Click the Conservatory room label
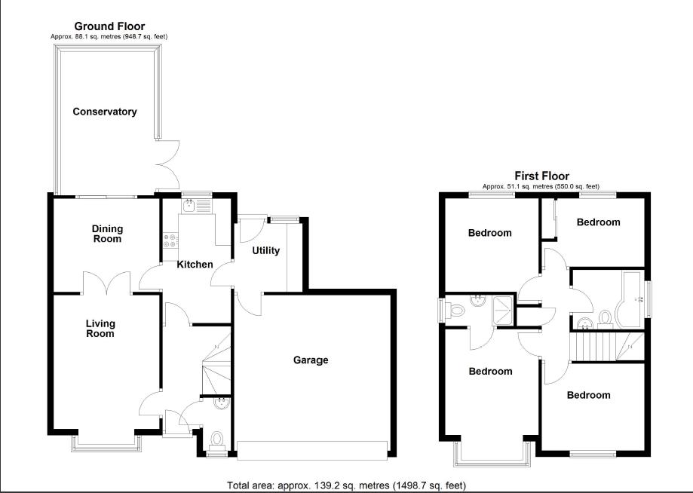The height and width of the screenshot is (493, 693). [x=105, y=112]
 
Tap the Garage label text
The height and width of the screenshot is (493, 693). [x=311, y=360]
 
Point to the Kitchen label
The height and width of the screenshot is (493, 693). [x=195, y=265]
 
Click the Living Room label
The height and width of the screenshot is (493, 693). [x=100, y=329]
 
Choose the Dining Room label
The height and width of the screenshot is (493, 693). [x=107, y=234]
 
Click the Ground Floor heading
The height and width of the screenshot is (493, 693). [x=109, y=26]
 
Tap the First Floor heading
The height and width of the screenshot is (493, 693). [x=541, y=176]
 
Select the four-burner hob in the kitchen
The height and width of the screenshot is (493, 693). [x=171, y=240]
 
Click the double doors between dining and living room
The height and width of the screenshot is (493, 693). [x=107, y=283]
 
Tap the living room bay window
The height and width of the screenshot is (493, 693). [x=104, y=442]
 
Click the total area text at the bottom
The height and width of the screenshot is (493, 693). [x=351, y=485]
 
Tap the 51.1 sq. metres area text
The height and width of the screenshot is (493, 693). [x=541, y=186]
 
